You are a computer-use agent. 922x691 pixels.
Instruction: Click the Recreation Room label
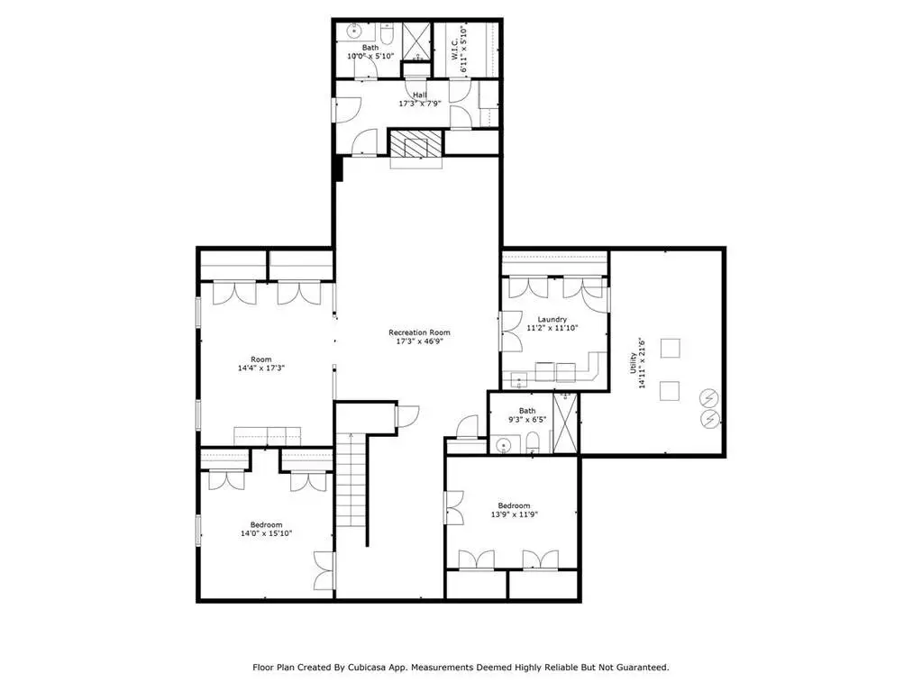point(419,332)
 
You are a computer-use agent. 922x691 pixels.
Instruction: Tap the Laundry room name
point(552,320)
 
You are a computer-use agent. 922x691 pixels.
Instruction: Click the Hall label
point(420,95)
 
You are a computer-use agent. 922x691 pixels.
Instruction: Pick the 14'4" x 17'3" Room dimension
point(261,368)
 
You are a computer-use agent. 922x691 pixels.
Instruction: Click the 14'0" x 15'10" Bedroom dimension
point(267,533)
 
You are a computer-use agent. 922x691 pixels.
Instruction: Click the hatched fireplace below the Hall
point(415,143)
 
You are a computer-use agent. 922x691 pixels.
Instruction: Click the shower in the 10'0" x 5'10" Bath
point(417,41)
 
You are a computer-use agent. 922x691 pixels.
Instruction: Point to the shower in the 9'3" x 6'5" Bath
point(566,423)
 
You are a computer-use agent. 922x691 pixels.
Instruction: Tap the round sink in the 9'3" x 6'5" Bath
point(503,446)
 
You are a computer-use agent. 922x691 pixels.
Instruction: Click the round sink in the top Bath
point(355,31)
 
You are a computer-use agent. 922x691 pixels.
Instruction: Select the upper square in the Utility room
point(670,349)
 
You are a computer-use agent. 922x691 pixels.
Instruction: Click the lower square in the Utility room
point(669,391)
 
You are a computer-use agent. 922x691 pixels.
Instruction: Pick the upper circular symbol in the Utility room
point(709,400)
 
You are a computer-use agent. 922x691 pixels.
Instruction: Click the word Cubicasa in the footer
point(366,668)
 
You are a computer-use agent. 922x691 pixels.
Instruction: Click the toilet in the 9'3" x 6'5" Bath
point(533,442)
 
